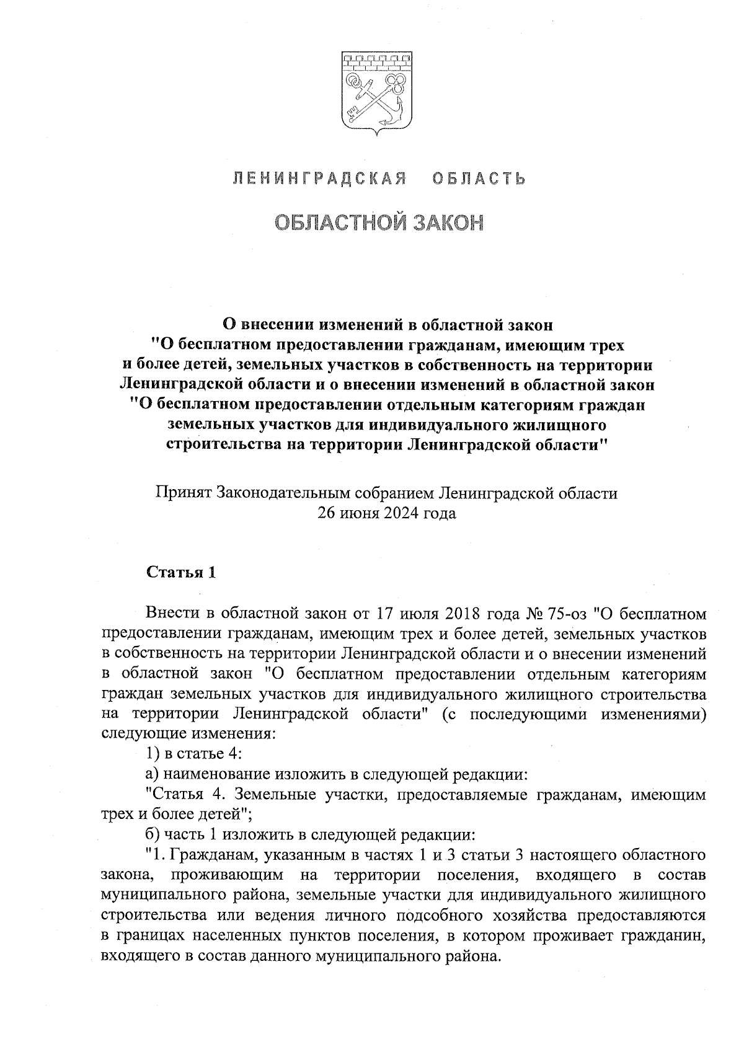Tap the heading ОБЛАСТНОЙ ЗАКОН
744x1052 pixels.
click(x=378, y=223)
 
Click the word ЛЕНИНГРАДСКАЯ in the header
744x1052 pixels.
click(x=319, y=179)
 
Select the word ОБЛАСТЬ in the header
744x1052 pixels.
click(x=478, y=179)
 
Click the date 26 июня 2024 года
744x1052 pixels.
click(x=386, y=513)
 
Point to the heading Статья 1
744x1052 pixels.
click(x=180, y=572)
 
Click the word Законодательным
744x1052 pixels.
click(x=285, y=493)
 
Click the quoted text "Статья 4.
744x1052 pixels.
click(x=187, y=794)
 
